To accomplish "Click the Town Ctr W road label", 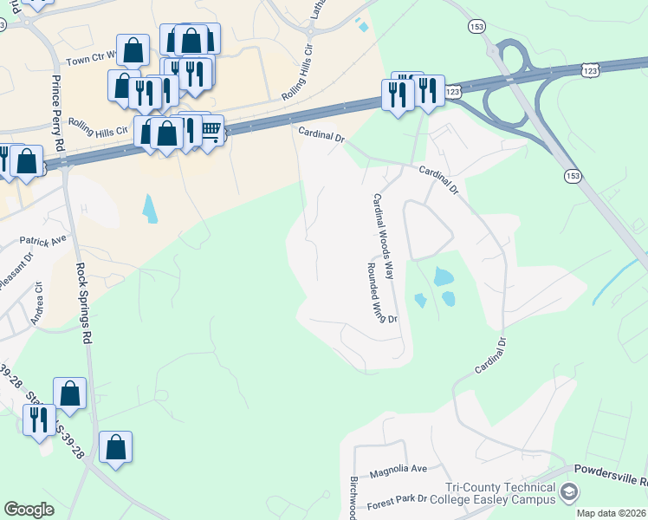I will coord(93,63).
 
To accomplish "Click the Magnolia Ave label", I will coord(399,471).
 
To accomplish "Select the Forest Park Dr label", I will coord(399,499).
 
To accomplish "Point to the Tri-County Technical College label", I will coord(500,494).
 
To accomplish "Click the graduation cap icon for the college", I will coord(569,493).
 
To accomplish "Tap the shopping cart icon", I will coord(211,130).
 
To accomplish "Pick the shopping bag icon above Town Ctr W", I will coord(133,49).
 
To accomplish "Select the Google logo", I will coord(29,510).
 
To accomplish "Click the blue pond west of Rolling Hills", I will coord(150,209).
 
